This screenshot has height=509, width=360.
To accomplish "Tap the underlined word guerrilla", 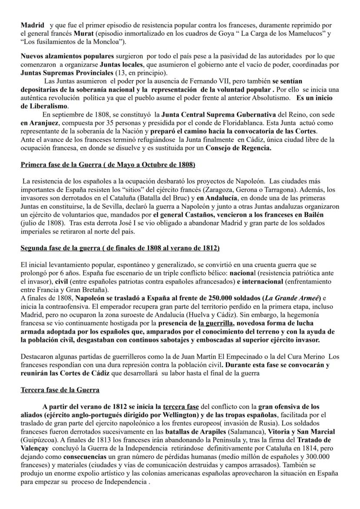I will click(x=216, y=323).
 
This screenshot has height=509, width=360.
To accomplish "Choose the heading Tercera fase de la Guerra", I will click(x=60, y=390).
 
